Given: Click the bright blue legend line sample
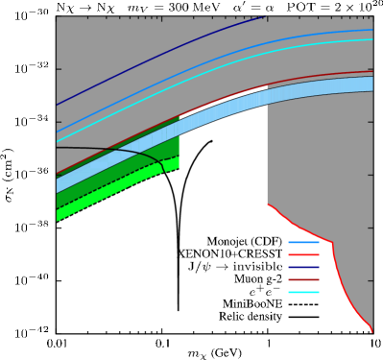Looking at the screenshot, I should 303,242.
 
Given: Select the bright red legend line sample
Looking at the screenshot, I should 303,254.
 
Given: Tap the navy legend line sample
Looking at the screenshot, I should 303,267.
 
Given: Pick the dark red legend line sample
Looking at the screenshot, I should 303,279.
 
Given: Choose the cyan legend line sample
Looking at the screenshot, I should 303,292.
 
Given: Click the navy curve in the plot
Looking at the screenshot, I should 144,60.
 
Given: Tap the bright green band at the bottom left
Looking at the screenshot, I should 96,198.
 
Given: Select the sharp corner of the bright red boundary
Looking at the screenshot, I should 332,243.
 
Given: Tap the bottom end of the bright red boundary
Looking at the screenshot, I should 371,330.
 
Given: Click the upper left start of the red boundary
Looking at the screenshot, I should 268,204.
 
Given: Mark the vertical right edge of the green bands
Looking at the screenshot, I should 180,144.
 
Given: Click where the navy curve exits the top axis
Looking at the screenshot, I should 263,17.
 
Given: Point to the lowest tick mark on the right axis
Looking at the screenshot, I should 371,281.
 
